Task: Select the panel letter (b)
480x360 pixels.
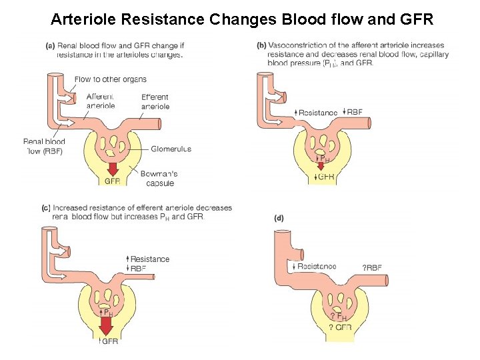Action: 262,46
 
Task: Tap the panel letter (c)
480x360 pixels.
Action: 47,208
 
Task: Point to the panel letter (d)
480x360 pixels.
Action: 279,218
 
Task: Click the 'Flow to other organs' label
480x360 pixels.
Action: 111,79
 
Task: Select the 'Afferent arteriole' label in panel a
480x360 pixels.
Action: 101,101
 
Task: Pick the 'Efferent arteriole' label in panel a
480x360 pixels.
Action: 155,101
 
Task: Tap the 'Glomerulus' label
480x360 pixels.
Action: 171,149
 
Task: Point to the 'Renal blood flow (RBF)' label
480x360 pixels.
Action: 44,146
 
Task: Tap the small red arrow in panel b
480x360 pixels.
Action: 321,165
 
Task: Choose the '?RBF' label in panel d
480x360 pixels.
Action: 372,268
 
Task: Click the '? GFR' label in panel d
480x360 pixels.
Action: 340,327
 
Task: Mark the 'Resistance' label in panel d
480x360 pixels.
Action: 317,266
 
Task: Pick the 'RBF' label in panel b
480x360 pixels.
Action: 354,112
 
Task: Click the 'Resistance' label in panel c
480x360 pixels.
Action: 150,259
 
